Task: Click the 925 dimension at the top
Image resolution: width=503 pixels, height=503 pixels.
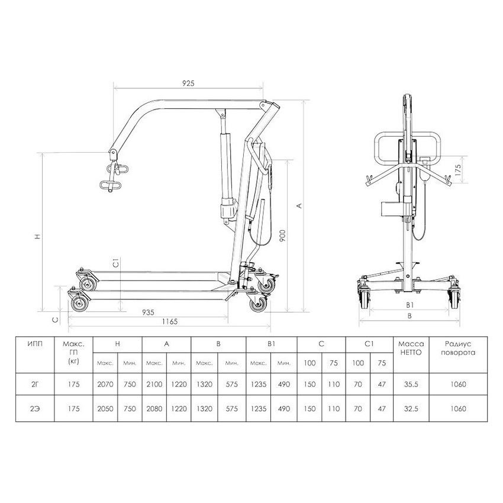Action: [188, 83]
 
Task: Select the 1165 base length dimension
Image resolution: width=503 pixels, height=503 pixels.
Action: [170, 321]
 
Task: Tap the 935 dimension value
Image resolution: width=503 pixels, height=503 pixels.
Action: [148, 312]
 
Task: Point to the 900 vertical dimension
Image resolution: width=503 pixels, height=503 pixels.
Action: [282, 236]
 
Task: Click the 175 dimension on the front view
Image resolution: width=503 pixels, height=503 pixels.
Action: [458, 170]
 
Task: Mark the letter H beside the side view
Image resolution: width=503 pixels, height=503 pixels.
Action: [38, 237]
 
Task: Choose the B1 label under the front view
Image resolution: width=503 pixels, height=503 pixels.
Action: [410, 305]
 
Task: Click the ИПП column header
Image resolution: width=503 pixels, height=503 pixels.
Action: [35, 344]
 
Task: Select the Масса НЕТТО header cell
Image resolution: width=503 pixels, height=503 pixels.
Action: [411, 348]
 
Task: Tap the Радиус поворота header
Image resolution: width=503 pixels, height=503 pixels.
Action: [458, 348]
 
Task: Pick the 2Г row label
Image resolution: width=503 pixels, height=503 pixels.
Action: [35, 384]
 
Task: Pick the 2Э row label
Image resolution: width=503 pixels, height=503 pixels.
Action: [35, 409]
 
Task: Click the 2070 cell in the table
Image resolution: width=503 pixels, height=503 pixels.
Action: [105, 384]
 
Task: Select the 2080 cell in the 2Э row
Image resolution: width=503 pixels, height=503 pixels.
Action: [154, 409]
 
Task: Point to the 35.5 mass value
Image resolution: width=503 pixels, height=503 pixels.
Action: [411, 384]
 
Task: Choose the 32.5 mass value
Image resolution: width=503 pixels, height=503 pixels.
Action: [411, 409]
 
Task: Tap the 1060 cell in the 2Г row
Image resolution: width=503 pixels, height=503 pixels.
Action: [458, 384]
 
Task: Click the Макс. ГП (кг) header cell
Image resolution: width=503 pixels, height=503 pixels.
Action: [74, 352]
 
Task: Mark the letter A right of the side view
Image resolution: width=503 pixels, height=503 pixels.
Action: [299, 205]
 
